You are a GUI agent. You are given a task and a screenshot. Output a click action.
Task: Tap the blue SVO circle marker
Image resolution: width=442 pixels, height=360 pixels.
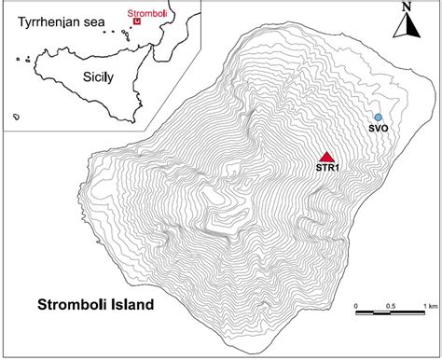coord(378,117)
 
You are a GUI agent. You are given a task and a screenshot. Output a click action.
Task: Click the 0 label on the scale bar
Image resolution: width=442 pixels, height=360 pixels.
coord(357,306)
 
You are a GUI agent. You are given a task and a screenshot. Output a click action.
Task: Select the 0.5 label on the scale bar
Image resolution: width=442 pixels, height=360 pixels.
coord(392,306)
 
